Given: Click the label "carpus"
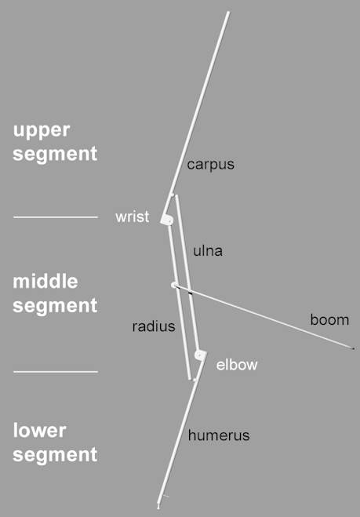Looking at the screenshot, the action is pyautogui.click(x=211, y=165).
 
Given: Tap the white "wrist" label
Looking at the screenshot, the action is pyautogui.click(x=133, y=217).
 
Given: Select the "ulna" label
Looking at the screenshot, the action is pyautogui.click(x=208, y=251).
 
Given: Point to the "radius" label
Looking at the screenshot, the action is pyautogui.click(x=154, y=326).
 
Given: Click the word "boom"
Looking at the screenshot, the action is pyautogui.click(x=329, y=320).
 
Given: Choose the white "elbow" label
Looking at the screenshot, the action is pyautogui.click(x=237, y=365).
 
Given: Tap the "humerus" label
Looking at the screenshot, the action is pyautogui.click(x=219, y=435).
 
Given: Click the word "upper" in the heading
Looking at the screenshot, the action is pyautogui.click(x=42, y=131).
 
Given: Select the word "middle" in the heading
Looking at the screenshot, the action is pyautogui.click(x=45, y=282).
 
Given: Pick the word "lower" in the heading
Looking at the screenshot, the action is pyautogui.click(x=39, y=431).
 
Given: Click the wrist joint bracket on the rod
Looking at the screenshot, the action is pyautogui.click(x=167, y=220).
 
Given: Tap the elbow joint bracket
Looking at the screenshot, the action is pyautogui.click(x=201, y=355).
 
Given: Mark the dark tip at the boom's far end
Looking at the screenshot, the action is pyautogui.click(x=353, y=348).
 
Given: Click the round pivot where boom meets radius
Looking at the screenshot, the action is pyautogui.click(x=174, y=286).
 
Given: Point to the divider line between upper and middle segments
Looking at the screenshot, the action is pyautogui.click(x=56, y=217).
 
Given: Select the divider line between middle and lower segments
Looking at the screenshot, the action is pyautogui.click(x=56, y=372).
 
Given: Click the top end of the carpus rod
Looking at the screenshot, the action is pyautogui.click(x=227, y=13).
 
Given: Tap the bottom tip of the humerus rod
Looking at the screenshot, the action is pyautogui.click(x=158, y=507).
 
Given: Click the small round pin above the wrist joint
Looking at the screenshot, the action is pyautogui.click(x=172, y=195).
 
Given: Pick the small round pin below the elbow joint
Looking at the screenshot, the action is pyautogui.click(x=195, y=380).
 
